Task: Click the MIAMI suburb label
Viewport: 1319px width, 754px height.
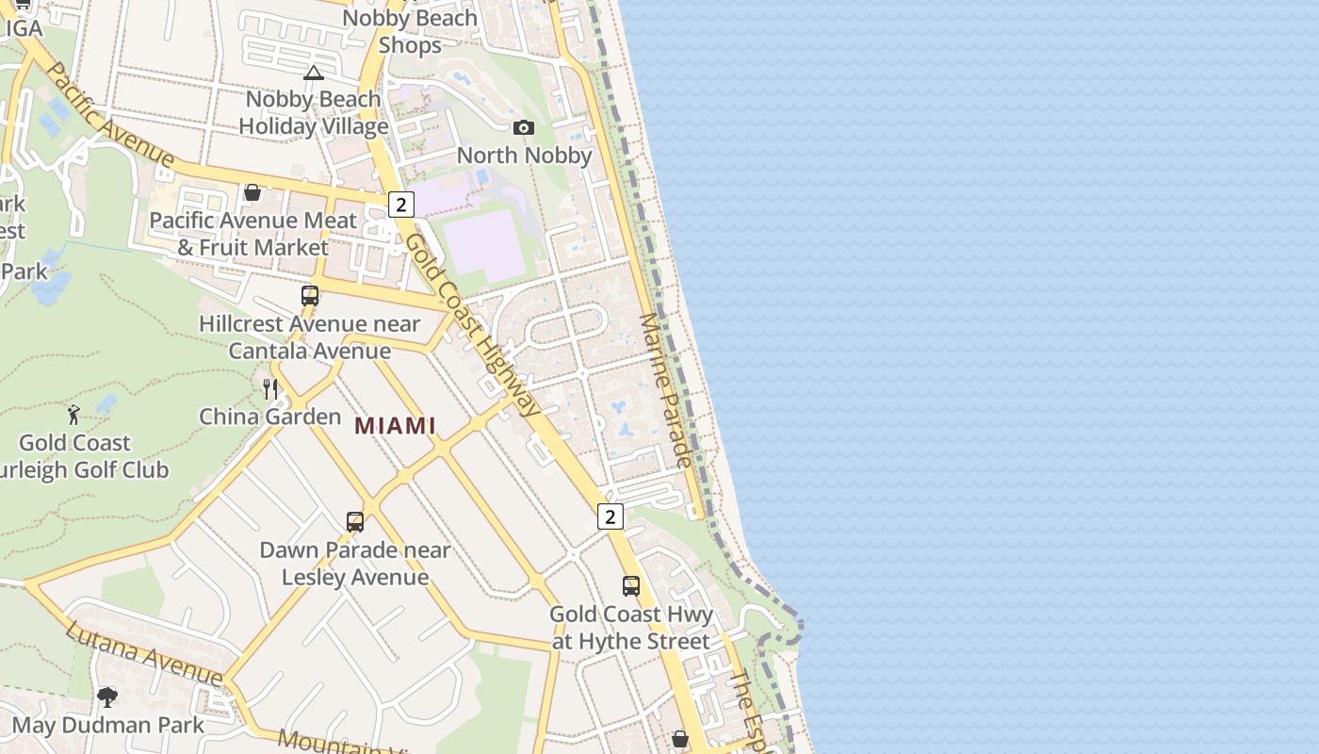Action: (395, 425)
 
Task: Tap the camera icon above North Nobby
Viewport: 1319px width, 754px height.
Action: (524, 127)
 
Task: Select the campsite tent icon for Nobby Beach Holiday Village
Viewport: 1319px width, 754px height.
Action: (314, 73)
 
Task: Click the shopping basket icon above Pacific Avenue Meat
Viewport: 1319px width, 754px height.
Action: (252, 193)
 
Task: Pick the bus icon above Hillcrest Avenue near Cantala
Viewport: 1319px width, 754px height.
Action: (310, 295)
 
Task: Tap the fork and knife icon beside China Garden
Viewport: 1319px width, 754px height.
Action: (270, 388)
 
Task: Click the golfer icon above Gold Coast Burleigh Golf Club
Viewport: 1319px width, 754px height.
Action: (74, 414)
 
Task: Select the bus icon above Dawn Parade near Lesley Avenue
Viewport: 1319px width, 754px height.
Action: (355, 521)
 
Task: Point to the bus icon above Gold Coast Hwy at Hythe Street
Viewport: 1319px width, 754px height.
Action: (631, 585)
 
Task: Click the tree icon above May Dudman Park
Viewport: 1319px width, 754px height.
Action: (107, 697)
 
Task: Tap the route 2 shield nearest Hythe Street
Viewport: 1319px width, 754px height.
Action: (611, 516)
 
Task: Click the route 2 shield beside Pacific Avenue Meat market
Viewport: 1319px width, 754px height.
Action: (401, 205)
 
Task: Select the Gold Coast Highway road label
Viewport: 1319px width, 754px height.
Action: (474, 324)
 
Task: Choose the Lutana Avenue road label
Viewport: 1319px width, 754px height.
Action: (143, 653)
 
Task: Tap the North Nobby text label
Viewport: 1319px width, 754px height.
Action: (524, 155)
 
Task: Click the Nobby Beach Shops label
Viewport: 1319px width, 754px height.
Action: (410, 31)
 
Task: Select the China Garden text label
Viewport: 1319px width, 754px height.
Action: (269, 417)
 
